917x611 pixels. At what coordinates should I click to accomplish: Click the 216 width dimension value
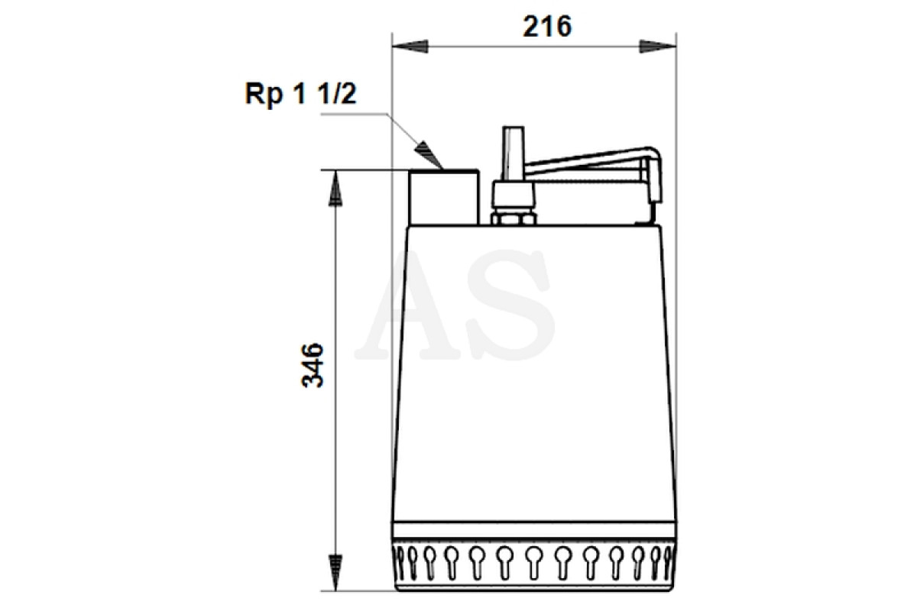[x=547, y=27]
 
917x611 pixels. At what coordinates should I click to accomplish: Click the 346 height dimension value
[x=313, y=365]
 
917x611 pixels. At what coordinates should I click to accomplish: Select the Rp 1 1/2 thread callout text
[x=301, y=94]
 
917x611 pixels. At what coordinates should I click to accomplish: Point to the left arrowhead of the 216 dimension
[x=410, y=47]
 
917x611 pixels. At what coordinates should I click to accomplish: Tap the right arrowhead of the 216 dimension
[x=657, y=47]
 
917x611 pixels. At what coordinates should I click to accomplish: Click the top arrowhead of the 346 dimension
[x=335, y=188]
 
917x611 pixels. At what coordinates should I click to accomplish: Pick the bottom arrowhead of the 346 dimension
[x=335, y=573]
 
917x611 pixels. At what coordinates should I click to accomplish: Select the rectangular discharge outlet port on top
[x=444, y=197]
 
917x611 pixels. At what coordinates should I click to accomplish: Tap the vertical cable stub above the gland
[x=514, y=154]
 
